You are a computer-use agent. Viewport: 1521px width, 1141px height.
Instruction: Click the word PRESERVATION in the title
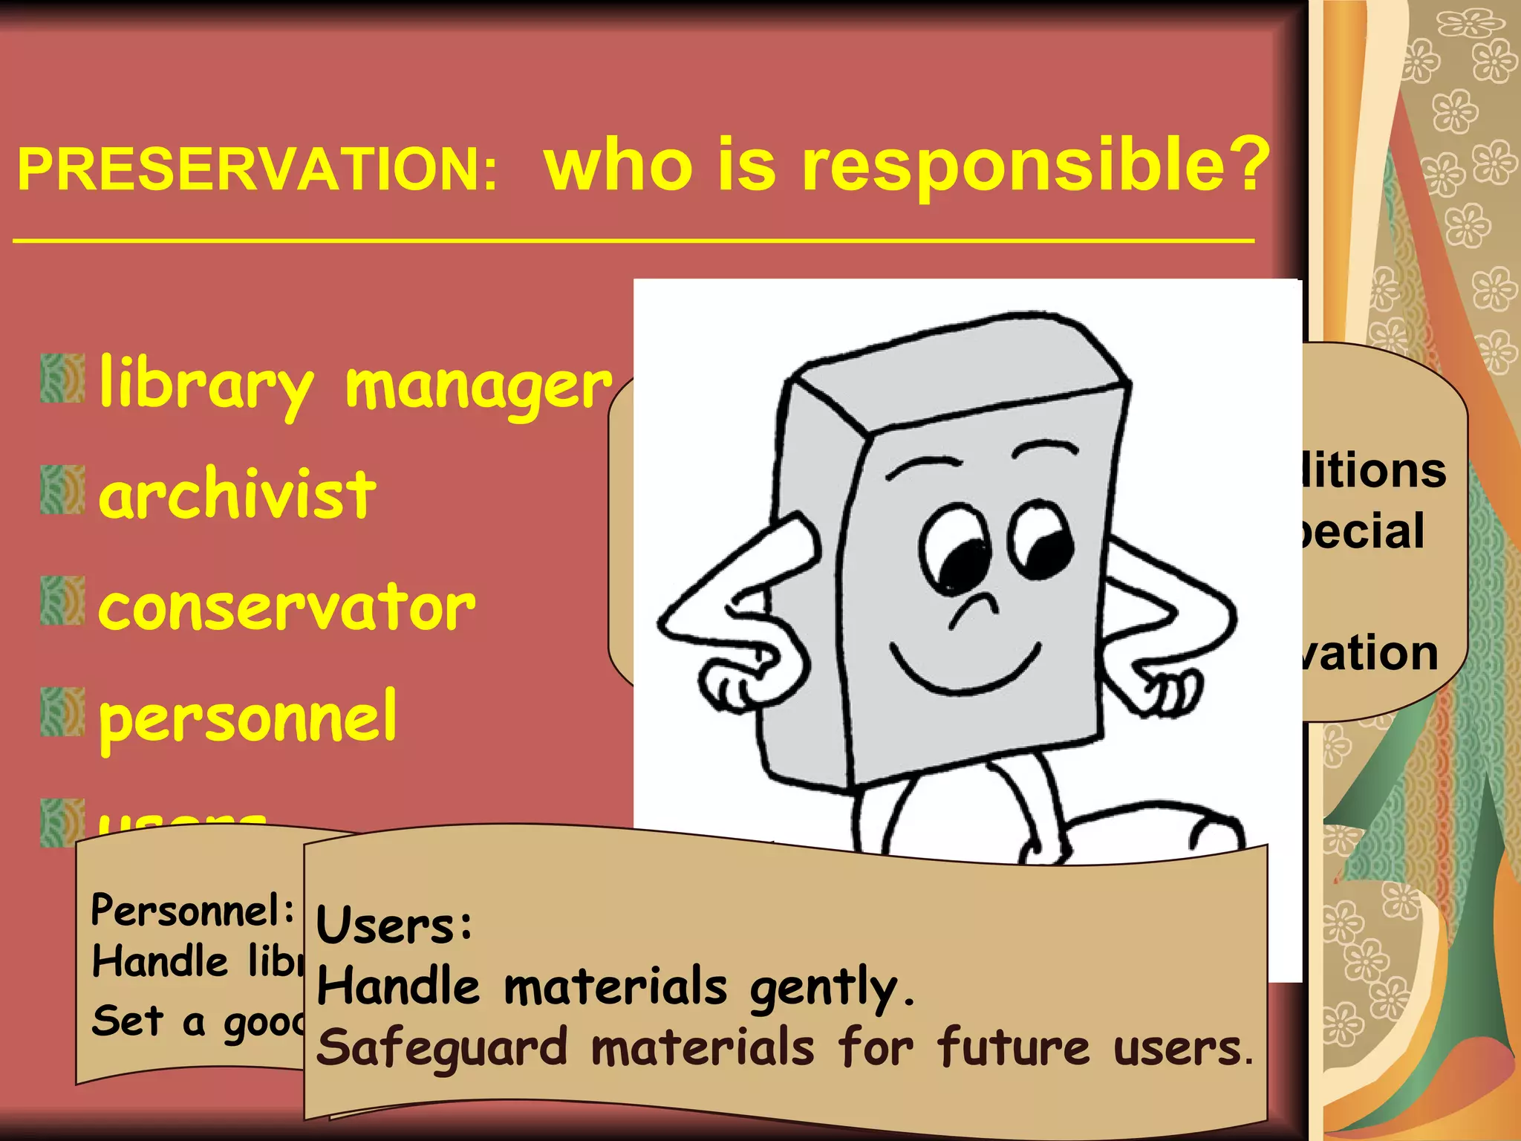point(256,169)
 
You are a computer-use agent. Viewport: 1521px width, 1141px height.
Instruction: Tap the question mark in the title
point(1247,163)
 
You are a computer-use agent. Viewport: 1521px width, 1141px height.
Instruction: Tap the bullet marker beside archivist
point(62,490)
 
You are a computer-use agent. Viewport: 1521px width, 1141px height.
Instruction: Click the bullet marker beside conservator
point(62,600)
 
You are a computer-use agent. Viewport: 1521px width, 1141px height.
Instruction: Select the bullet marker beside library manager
point(62,379)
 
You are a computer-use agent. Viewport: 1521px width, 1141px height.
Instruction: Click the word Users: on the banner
point(394,926)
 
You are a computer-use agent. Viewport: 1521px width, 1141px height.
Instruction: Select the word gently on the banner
point(832,989)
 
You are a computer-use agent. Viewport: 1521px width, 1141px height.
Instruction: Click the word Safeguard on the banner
point(443,1048)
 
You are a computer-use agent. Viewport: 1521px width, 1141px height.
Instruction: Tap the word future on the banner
point(1014,1047)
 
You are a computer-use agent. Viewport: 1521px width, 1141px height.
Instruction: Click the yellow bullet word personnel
point(248,717)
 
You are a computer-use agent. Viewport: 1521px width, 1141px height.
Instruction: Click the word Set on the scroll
point(127,1021)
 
